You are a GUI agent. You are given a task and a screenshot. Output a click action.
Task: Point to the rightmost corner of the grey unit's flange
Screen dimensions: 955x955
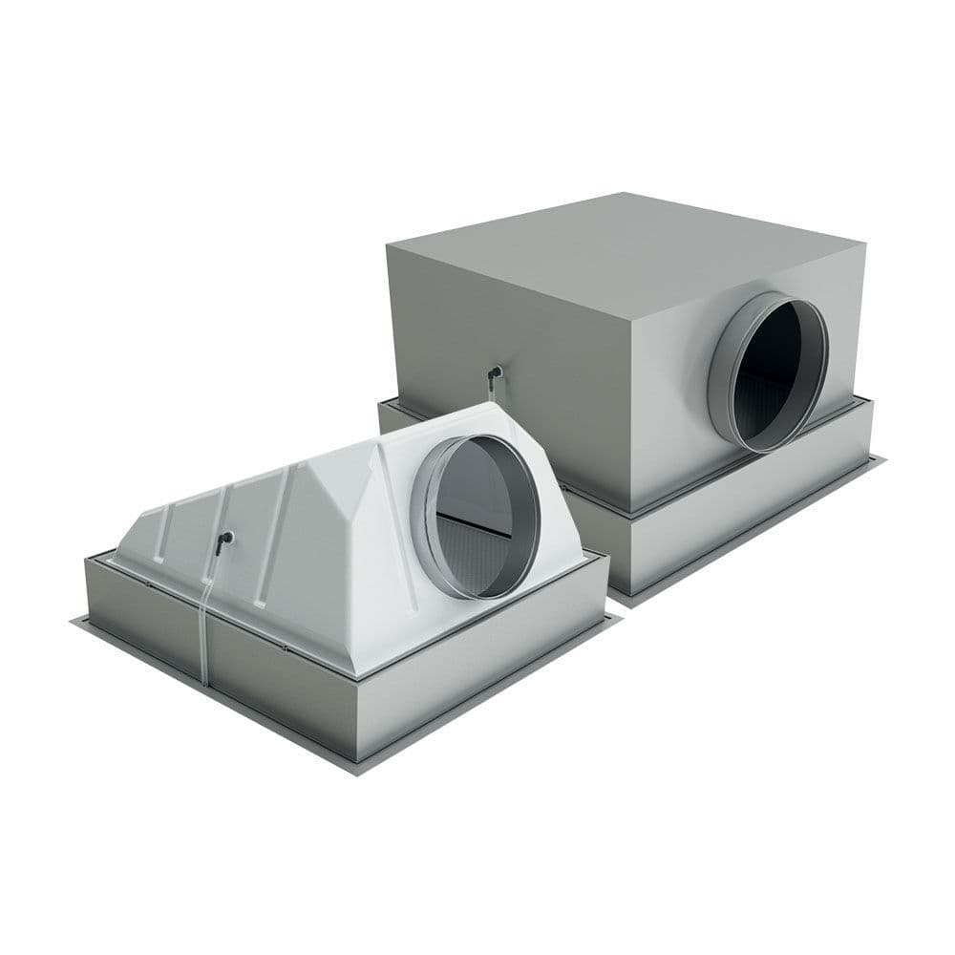pos(881,461)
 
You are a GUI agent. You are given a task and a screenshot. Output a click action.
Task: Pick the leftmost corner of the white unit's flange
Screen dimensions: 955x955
pos(73,621)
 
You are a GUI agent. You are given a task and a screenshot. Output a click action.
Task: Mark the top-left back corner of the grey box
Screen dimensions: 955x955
pos(388,243)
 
